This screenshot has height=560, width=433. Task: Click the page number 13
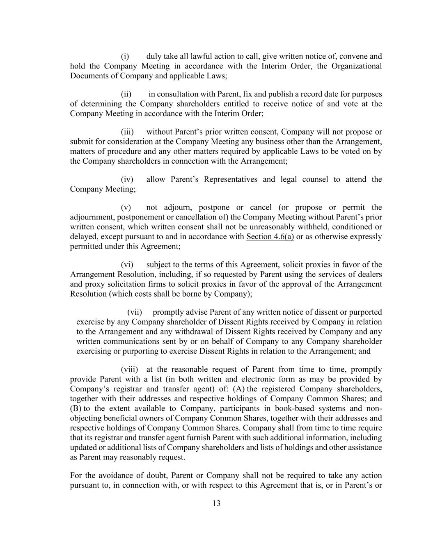pyautogui.click(x=216, y=503)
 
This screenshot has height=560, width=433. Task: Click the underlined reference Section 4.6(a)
pyautogui.click(x=270, y=237)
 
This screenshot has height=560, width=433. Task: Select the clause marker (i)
pyautogui.click(x=125, y=56)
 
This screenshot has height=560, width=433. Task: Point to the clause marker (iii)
pyautogui.click(x=127, y=132)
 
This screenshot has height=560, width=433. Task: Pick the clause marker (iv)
pyautogui.click(x=127, y=179)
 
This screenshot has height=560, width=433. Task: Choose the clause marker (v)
pyautogui.click(x=126, y=207)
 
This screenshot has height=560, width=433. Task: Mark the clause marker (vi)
pyautogui.click(x=127, y=265)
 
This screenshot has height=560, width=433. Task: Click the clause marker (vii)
pyautogui.click(x=134, y=312)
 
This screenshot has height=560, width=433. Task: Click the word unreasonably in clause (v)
pyautogui.click(x=273, y=227)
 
